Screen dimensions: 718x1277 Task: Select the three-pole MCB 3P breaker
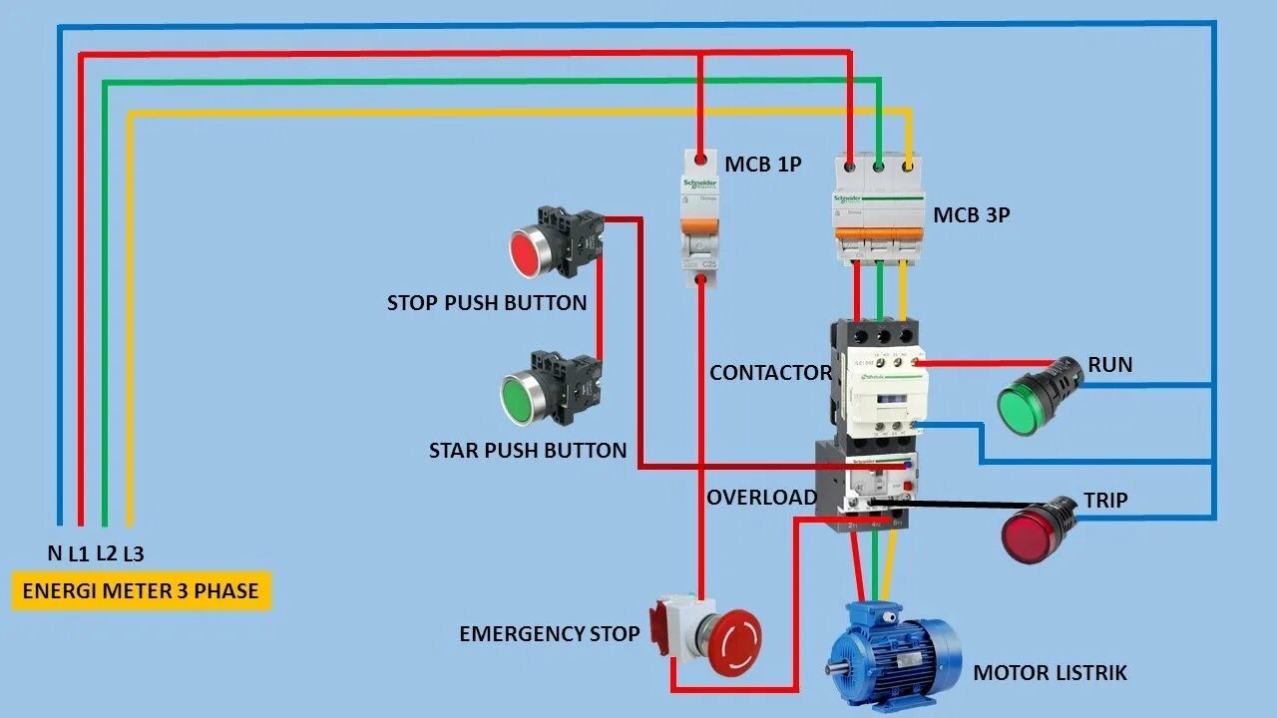[879, 211]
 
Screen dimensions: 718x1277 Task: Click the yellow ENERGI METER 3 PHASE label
[141, 590]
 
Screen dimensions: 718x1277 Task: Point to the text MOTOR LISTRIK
[1050, 673]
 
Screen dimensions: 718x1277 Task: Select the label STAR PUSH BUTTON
[528, 451]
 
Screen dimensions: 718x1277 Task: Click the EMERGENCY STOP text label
[549, 633]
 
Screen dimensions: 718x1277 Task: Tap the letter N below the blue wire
[54, 553]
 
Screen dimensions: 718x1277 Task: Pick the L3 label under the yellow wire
[133, 553]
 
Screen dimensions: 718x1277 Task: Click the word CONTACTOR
[770, 373]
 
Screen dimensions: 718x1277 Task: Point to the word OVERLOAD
[761, 498]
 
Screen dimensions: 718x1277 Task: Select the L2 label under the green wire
[106, 553]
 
